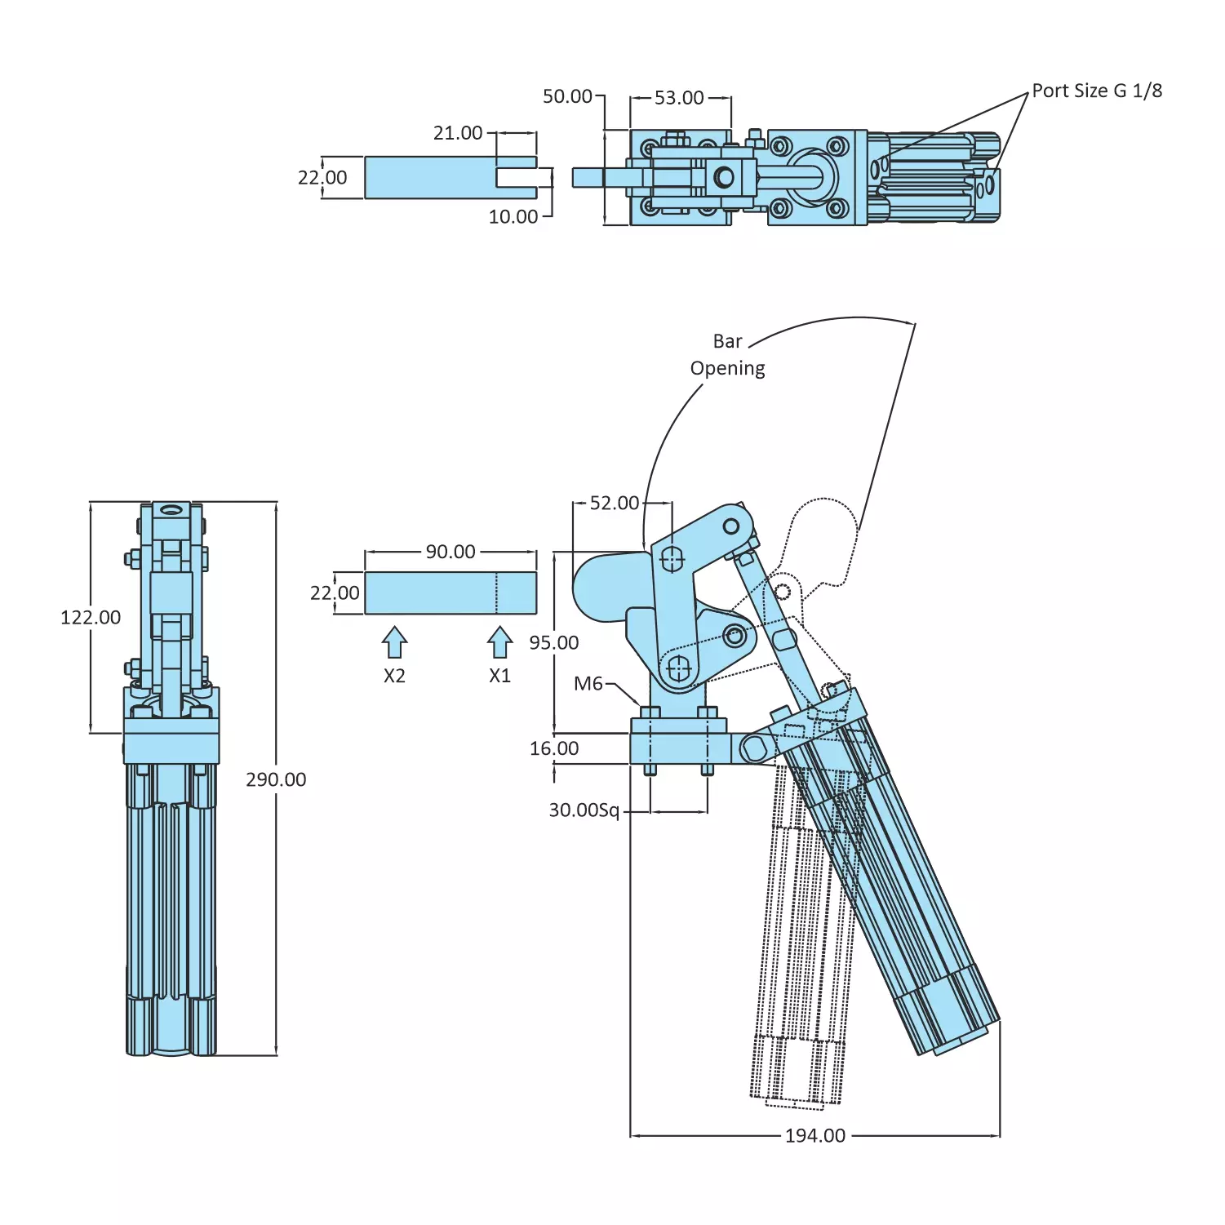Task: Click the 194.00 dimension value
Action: [x=814, y=1135]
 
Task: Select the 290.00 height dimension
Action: [x=276, y=779]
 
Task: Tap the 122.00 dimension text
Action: [x=91, y=617]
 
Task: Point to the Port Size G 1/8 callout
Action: [x=1097, y=91]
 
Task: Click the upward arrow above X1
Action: [x=499, y=641]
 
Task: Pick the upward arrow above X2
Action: [x=394, y=641]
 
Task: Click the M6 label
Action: [x=588, y=683]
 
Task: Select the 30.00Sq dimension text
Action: [x=584, y=810]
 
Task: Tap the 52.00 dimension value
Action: [x=615, y=503]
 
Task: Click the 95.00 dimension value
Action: [x=553, y=642]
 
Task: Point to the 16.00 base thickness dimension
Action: [x=554, y=748]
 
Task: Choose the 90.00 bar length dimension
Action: [x=450, y=552]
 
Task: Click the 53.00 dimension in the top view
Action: [x=679, y=98]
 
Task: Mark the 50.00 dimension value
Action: [x=567, y=96]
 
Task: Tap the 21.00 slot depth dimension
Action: [x=458, y=132]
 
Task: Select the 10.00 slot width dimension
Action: [x=513, y=216]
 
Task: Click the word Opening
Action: [x=727, y=368]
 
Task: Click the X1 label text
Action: [x=499, y=676]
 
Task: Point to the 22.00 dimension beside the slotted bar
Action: [x=322, y=177]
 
